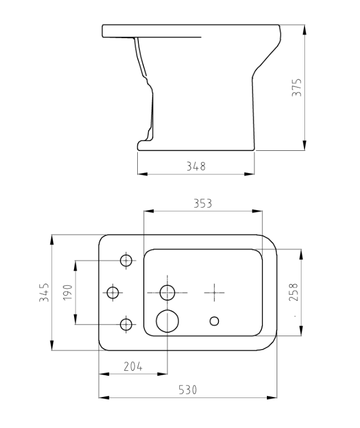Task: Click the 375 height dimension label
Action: (x=297, y=87)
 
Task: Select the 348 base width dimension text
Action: (x=196, y=167)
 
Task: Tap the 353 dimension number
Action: (x=203, y=203)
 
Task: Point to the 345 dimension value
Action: (x=45, y=292)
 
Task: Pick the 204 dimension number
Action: (x=133, y=366)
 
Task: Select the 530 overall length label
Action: (x=188, y=390)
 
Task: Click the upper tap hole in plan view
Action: (x=126, y=260)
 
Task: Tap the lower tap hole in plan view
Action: (x=126, y=325)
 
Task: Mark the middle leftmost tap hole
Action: (x=113, y=292)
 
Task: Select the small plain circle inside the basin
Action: (x=215, y=320)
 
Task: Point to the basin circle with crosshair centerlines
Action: (x=167, y=292)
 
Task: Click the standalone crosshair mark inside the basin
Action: (x=215, y=292)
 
